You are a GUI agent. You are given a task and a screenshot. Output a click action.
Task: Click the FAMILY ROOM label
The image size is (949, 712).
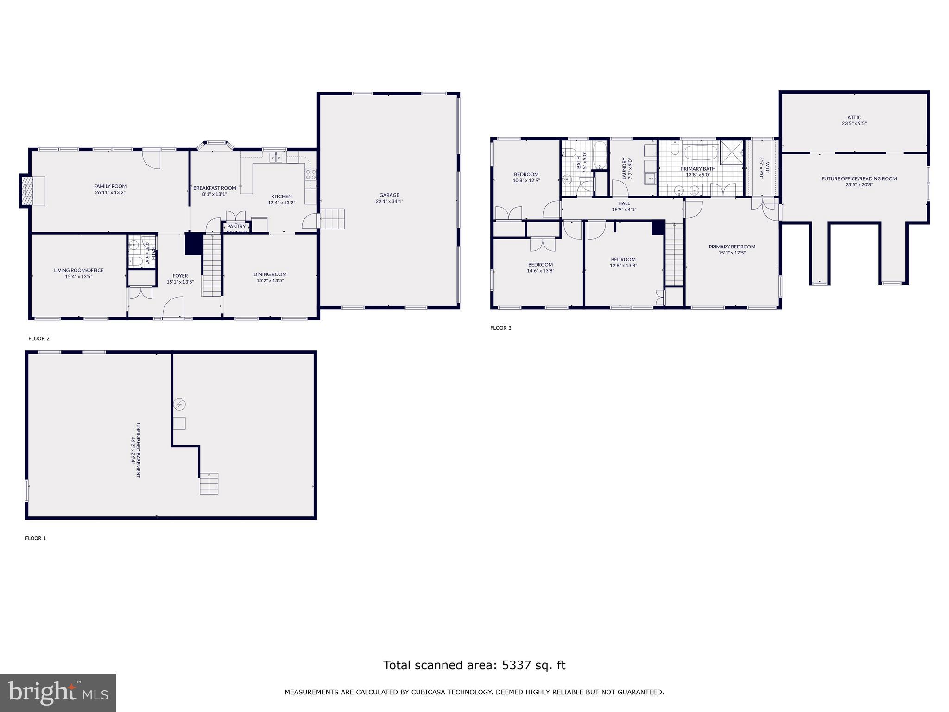tap(110, 186)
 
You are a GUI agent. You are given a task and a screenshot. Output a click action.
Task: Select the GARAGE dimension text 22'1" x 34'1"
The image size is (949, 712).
tap(389, 201)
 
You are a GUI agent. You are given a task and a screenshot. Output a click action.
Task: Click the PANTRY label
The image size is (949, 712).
tap(236, 226)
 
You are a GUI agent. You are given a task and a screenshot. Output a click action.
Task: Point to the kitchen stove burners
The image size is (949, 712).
tap(311, 174)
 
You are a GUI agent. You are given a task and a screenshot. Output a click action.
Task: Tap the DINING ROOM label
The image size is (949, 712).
tap(270, 274)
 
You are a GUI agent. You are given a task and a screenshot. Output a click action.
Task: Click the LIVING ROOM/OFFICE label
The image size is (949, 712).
tap(79, 270)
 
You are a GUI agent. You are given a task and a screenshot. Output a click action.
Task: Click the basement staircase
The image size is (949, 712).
tap(209, 483)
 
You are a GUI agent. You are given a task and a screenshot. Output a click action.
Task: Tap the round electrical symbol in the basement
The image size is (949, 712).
tap(179, 405)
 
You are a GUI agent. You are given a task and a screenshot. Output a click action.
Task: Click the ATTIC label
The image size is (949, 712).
tap(854, 117)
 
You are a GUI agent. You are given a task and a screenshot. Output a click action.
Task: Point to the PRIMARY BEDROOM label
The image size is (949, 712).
tap(732, 247)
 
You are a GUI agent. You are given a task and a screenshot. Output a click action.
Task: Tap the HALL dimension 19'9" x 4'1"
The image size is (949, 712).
tap(624, 210)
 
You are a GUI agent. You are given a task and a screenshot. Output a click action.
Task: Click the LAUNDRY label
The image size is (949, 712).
tap(625, 168)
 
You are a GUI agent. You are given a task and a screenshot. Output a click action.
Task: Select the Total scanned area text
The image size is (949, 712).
tap(474, 665)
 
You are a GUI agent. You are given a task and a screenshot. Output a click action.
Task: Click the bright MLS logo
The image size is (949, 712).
tap(58, 693)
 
